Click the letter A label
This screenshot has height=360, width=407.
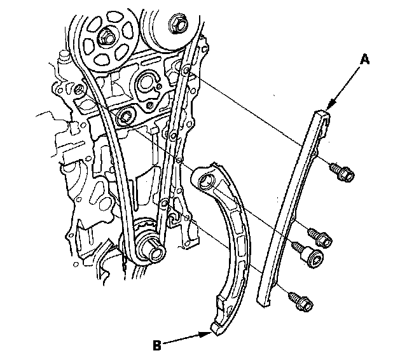(365, 59)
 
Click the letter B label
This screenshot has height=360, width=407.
(156, 346)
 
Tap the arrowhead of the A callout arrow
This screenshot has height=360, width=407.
(328, 109)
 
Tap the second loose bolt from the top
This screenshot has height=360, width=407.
(320, 237)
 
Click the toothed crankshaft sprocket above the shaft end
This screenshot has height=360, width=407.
(145, 227)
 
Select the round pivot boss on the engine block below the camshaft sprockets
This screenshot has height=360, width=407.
(125, 115)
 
